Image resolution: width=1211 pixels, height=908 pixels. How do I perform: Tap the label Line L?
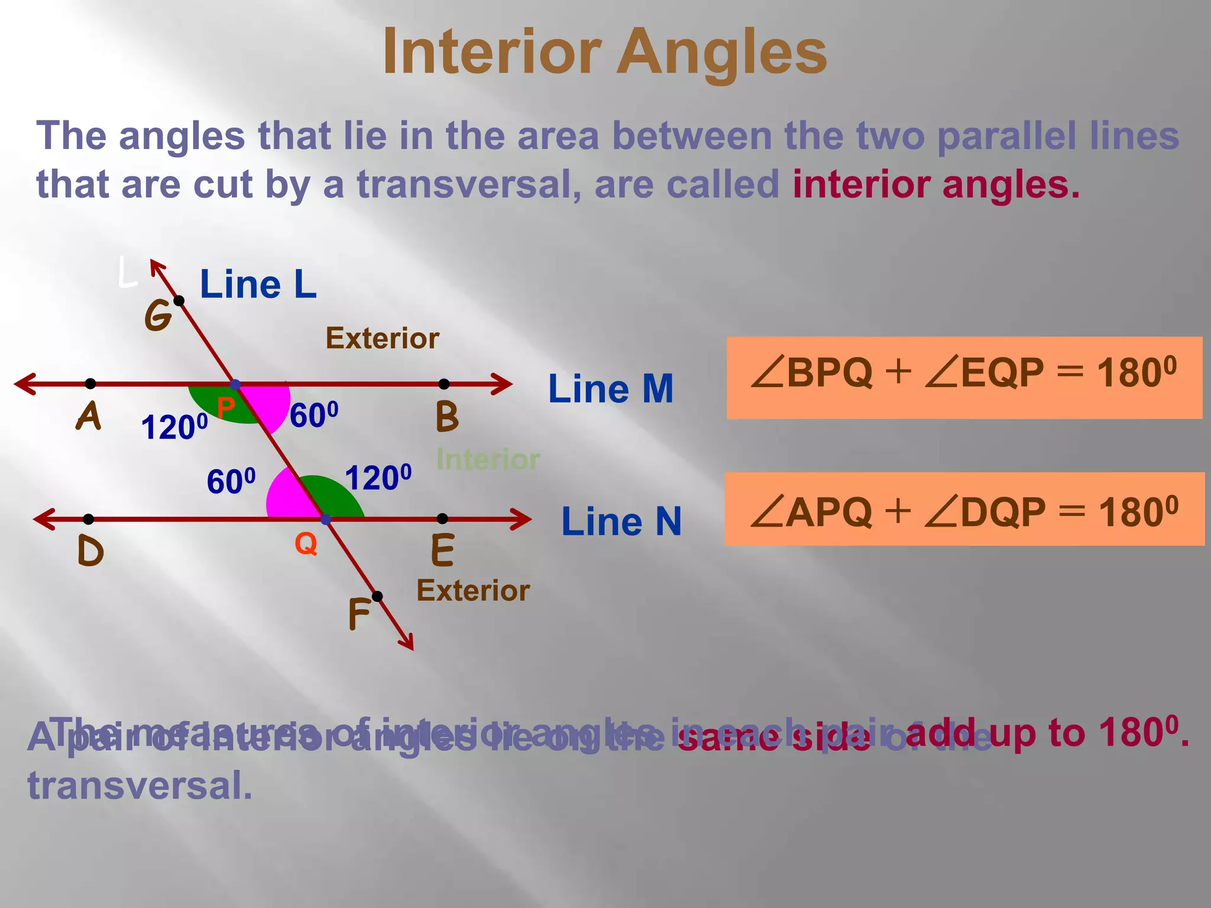click(258, 284)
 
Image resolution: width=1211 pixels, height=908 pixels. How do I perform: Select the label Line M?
click(611, 389)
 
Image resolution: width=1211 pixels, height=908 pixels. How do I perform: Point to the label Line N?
click(621, 521)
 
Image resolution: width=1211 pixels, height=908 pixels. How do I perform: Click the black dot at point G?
click(179, 301)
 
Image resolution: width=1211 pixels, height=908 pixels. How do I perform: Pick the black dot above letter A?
click(90, 384)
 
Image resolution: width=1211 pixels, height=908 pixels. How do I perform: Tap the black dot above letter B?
click(444, 384)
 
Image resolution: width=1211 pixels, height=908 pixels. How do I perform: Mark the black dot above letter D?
click(89, 519)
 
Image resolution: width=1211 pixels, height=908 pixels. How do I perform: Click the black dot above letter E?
click(442, 518)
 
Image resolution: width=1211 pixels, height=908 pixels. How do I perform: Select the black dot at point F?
click(377, 596)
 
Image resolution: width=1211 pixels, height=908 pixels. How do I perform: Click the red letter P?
click(225, 407)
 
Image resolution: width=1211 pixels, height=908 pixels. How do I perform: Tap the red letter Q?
click(306, 543)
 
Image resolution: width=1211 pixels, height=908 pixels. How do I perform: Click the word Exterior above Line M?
click(382, 338)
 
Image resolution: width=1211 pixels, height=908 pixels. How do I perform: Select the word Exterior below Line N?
click(473, 591)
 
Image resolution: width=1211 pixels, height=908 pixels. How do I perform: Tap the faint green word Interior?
click(488, 459)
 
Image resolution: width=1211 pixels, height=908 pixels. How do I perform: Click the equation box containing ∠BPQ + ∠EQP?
click(964, 378)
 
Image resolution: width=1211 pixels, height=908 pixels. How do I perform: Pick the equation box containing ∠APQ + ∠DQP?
click(964, 509)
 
